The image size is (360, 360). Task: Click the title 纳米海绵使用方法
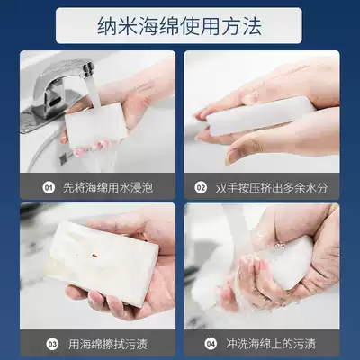pos(179,26)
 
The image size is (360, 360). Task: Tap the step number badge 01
pos(49,188)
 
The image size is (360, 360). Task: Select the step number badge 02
pos(201,188)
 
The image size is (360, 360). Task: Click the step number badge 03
pos(52,344)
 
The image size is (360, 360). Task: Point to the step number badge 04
pos(211,344)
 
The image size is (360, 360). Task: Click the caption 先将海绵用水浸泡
pos(108,188)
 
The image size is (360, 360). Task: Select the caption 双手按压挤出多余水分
pos(272,188)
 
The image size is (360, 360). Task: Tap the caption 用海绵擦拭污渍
pos(108,344)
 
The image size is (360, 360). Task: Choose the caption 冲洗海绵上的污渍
pos(271,344)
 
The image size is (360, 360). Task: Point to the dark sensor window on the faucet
pos(54,103)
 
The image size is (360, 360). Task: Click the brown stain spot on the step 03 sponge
pos(94,256)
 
